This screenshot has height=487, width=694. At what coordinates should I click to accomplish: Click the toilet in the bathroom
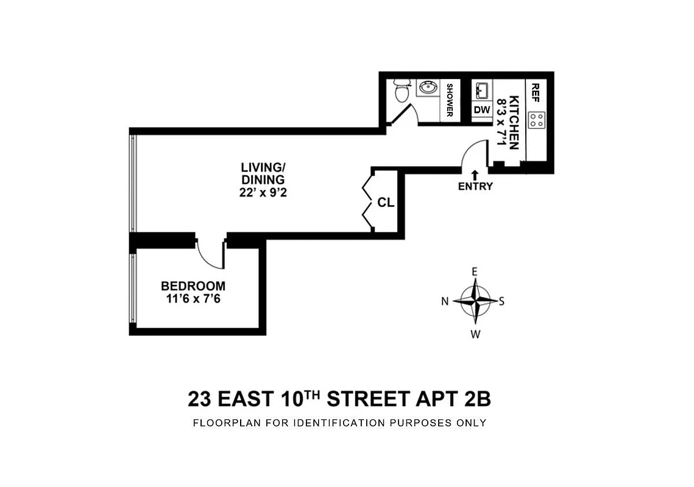pos(401,91)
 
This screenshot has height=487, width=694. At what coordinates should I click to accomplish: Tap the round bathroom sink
pos(427,89)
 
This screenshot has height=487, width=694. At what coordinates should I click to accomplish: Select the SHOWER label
pos(450,100)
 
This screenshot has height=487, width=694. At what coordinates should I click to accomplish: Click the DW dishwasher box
pos(482,110)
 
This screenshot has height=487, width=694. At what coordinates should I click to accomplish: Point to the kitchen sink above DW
pos(482,91)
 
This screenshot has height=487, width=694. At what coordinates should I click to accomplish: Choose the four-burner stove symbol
pos(537,120)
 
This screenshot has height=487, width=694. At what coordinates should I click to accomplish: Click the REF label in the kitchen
pos(536,92)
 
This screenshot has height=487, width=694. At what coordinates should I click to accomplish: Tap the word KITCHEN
pos(514,122)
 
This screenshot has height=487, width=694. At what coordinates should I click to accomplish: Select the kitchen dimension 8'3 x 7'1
pos(502,122)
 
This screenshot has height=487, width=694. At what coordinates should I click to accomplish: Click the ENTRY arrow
pos(475,175)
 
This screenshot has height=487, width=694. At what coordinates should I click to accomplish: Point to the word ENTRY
pos(475,187)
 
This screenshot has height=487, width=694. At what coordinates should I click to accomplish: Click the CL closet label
pos(385,203)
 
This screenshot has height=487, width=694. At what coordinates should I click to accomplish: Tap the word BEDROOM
pos(193,286)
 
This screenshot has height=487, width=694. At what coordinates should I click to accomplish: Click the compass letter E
pos(475,272)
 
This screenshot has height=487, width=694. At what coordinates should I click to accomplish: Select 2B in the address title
pos(476,399)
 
